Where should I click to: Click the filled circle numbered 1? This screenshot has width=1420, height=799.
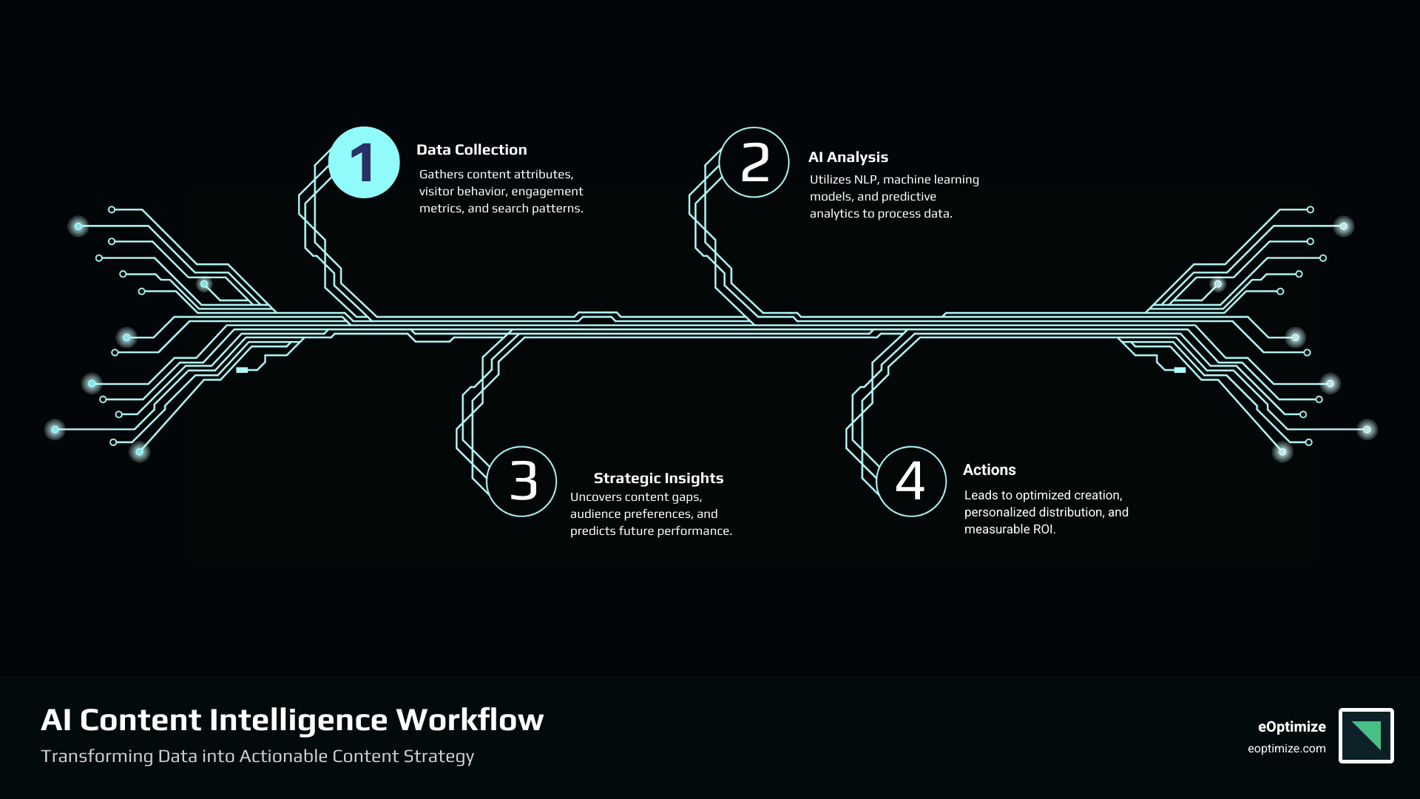[x=364, y=163]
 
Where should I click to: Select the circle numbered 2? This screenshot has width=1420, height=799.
[x=754, y=163]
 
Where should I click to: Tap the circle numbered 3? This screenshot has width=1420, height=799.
[x=522, y=481]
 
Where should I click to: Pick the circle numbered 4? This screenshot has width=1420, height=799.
[x=911, y=481]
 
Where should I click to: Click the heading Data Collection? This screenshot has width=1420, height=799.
[x=471, y=150]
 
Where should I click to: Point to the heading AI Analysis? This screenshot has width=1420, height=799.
[x=848, y=158]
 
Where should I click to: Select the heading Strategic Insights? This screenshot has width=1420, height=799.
[x=658, y=479]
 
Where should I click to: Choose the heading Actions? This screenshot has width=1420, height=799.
[x=989, y=471]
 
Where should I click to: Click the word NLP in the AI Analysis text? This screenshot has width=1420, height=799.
[x=865, y=180]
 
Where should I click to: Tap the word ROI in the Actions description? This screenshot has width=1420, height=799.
[x=1043, y=530]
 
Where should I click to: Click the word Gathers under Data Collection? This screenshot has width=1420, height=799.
[x=442, y=175]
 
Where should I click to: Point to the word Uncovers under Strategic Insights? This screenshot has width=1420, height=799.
[x=596, y=497]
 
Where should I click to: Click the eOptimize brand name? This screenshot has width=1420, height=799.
[x=1291, y=727]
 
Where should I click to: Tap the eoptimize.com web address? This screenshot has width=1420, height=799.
[x=1286, y=749]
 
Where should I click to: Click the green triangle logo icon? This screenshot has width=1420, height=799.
[x=1366, y=735]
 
